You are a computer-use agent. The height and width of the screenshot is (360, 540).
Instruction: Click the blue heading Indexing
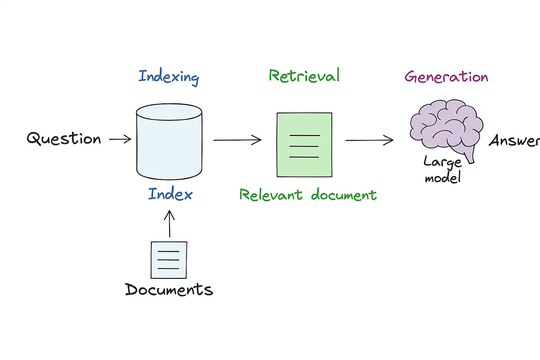coord(169,76)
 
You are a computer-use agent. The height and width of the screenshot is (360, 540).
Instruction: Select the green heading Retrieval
coord(304,76)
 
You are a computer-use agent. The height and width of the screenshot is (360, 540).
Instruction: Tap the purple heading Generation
coord(446,76)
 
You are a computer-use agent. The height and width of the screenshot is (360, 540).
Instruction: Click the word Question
coord(64,139)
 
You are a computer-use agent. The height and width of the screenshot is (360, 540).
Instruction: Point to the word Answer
coord(514,140)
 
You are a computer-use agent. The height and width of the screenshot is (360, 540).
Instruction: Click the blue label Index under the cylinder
coord(170,194)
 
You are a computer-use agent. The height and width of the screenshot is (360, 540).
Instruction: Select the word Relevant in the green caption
coord(271,195)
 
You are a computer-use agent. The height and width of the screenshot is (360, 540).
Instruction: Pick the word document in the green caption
coord(344,195)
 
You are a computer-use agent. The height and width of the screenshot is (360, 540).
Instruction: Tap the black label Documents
coord(169,290)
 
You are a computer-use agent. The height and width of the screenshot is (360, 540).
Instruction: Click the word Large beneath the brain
coord(442,162)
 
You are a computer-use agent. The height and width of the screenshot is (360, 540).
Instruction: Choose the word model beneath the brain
coord(443,177)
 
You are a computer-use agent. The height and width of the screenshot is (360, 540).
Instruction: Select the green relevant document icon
coord(304,145)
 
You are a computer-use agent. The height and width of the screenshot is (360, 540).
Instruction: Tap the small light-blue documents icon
coord(169,260)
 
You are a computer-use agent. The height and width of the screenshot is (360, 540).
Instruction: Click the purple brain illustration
coord(445,123)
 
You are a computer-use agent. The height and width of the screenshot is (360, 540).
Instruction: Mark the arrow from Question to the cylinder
coord(120,139)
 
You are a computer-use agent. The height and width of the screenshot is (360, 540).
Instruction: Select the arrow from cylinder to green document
coord(237,140)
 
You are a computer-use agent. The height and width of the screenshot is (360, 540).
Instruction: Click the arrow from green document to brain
coord(369,140)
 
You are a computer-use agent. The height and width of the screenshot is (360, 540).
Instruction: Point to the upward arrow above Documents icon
coord(169,224)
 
